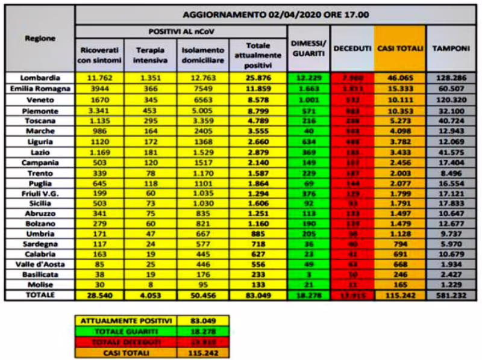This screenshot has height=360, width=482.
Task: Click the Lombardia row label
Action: point(40,78)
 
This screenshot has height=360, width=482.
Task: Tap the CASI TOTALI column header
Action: point(399,48)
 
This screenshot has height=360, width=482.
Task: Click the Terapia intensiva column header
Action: point(150,54)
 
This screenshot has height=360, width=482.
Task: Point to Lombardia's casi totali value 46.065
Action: point(399,78)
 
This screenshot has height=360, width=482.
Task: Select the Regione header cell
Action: point(40,39)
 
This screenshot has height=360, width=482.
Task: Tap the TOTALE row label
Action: point(40,295)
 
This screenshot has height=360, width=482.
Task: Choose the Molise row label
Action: point(40,284)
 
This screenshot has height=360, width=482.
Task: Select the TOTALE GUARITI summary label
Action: point(126,331)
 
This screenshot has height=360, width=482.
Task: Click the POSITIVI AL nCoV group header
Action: point(181,31)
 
